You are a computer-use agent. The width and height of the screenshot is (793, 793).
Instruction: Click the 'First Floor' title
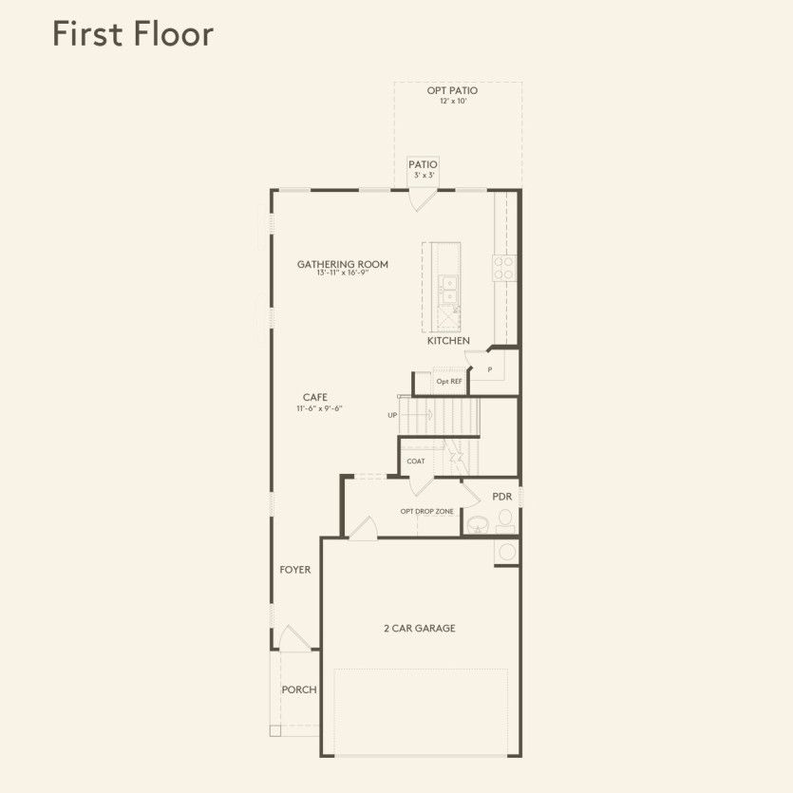(132, 33)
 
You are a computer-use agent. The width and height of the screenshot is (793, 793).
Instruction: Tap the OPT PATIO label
(452, 90)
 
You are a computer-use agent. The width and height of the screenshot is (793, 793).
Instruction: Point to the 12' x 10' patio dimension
(452, 101)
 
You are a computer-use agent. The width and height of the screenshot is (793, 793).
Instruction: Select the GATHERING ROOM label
(343, 264)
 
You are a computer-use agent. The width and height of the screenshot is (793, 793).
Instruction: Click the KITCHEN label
(448, 340)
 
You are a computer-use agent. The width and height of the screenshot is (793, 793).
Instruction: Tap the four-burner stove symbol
(503, 268)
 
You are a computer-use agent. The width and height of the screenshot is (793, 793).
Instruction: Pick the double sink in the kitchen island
(446, 288)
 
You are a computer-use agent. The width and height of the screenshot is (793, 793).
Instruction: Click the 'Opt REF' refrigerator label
(449, 382)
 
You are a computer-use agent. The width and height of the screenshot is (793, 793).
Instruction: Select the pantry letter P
(490, 369)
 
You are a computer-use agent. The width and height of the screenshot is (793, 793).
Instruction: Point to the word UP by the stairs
(392, 415)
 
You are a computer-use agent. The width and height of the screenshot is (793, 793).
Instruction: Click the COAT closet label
(416, 462)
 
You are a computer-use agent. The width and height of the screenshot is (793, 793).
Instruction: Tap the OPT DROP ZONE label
(426, 511)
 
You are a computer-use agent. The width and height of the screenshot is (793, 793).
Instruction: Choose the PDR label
(502, 497)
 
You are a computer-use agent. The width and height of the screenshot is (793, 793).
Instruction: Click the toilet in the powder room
(505, 519)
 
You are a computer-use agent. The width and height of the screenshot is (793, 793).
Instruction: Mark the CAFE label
(315, 397)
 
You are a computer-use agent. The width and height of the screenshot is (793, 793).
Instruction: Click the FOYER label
(295, 570)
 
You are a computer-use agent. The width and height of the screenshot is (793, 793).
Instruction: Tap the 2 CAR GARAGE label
(420, 628)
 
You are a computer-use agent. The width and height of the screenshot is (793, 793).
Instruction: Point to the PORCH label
(299, 689)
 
